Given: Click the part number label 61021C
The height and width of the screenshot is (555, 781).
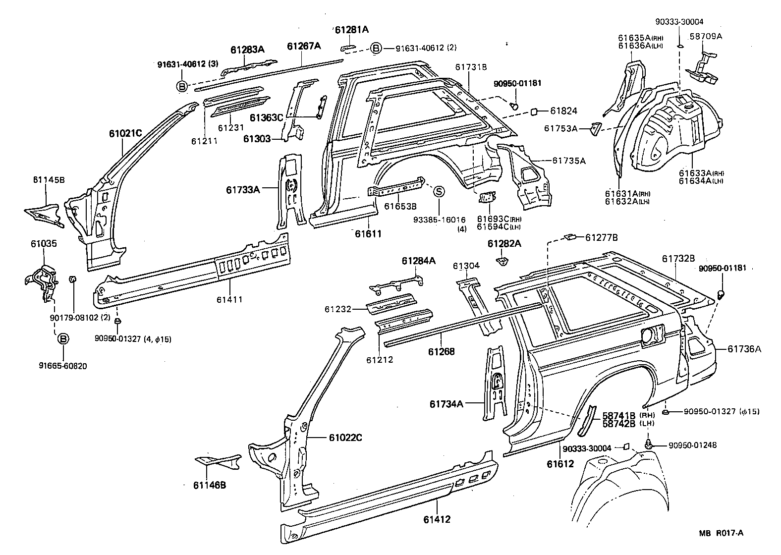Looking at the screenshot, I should coord(125,133).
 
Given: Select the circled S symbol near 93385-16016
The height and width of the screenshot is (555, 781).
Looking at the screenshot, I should coord(439,191).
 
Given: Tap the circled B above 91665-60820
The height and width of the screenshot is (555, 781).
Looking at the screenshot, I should coord(63,339).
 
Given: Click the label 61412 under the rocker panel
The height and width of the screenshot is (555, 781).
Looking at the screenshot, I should coord(437,519).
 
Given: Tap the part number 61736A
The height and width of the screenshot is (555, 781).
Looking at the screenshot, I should coord(744,349).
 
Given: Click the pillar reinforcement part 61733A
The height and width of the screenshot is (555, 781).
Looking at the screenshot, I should coord(291,191).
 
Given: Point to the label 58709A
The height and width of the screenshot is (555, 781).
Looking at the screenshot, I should coord(706,36).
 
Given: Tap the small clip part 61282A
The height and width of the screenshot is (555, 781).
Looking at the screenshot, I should coord(502,260).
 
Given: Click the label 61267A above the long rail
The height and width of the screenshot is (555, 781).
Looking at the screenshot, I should coord(304,47).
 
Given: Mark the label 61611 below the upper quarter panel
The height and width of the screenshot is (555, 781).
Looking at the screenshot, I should coord(368,233).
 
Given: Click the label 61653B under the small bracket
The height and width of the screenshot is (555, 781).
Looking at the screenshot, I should coord(400,206).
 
